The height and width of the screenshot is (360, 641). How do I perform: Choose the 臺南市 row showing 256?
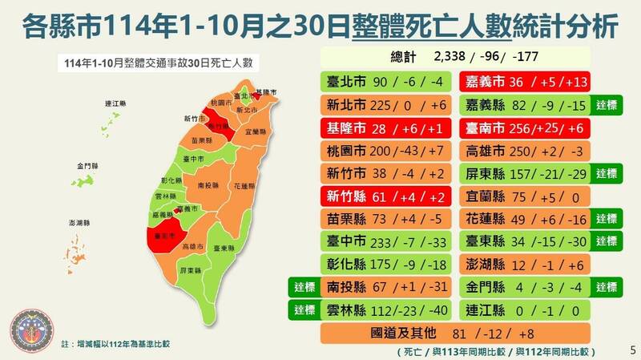(524, 127)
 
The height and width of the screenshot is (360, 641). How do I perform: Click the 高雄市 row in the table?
(524, 150)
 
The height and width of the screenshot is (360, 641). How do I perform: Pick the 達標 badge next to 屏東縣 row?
(607, 173)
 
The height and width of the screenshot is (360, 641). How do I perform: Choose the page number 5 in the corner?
(632, 350)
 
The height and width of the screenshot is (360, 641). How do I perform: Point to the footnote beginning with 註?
(116, 343)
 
